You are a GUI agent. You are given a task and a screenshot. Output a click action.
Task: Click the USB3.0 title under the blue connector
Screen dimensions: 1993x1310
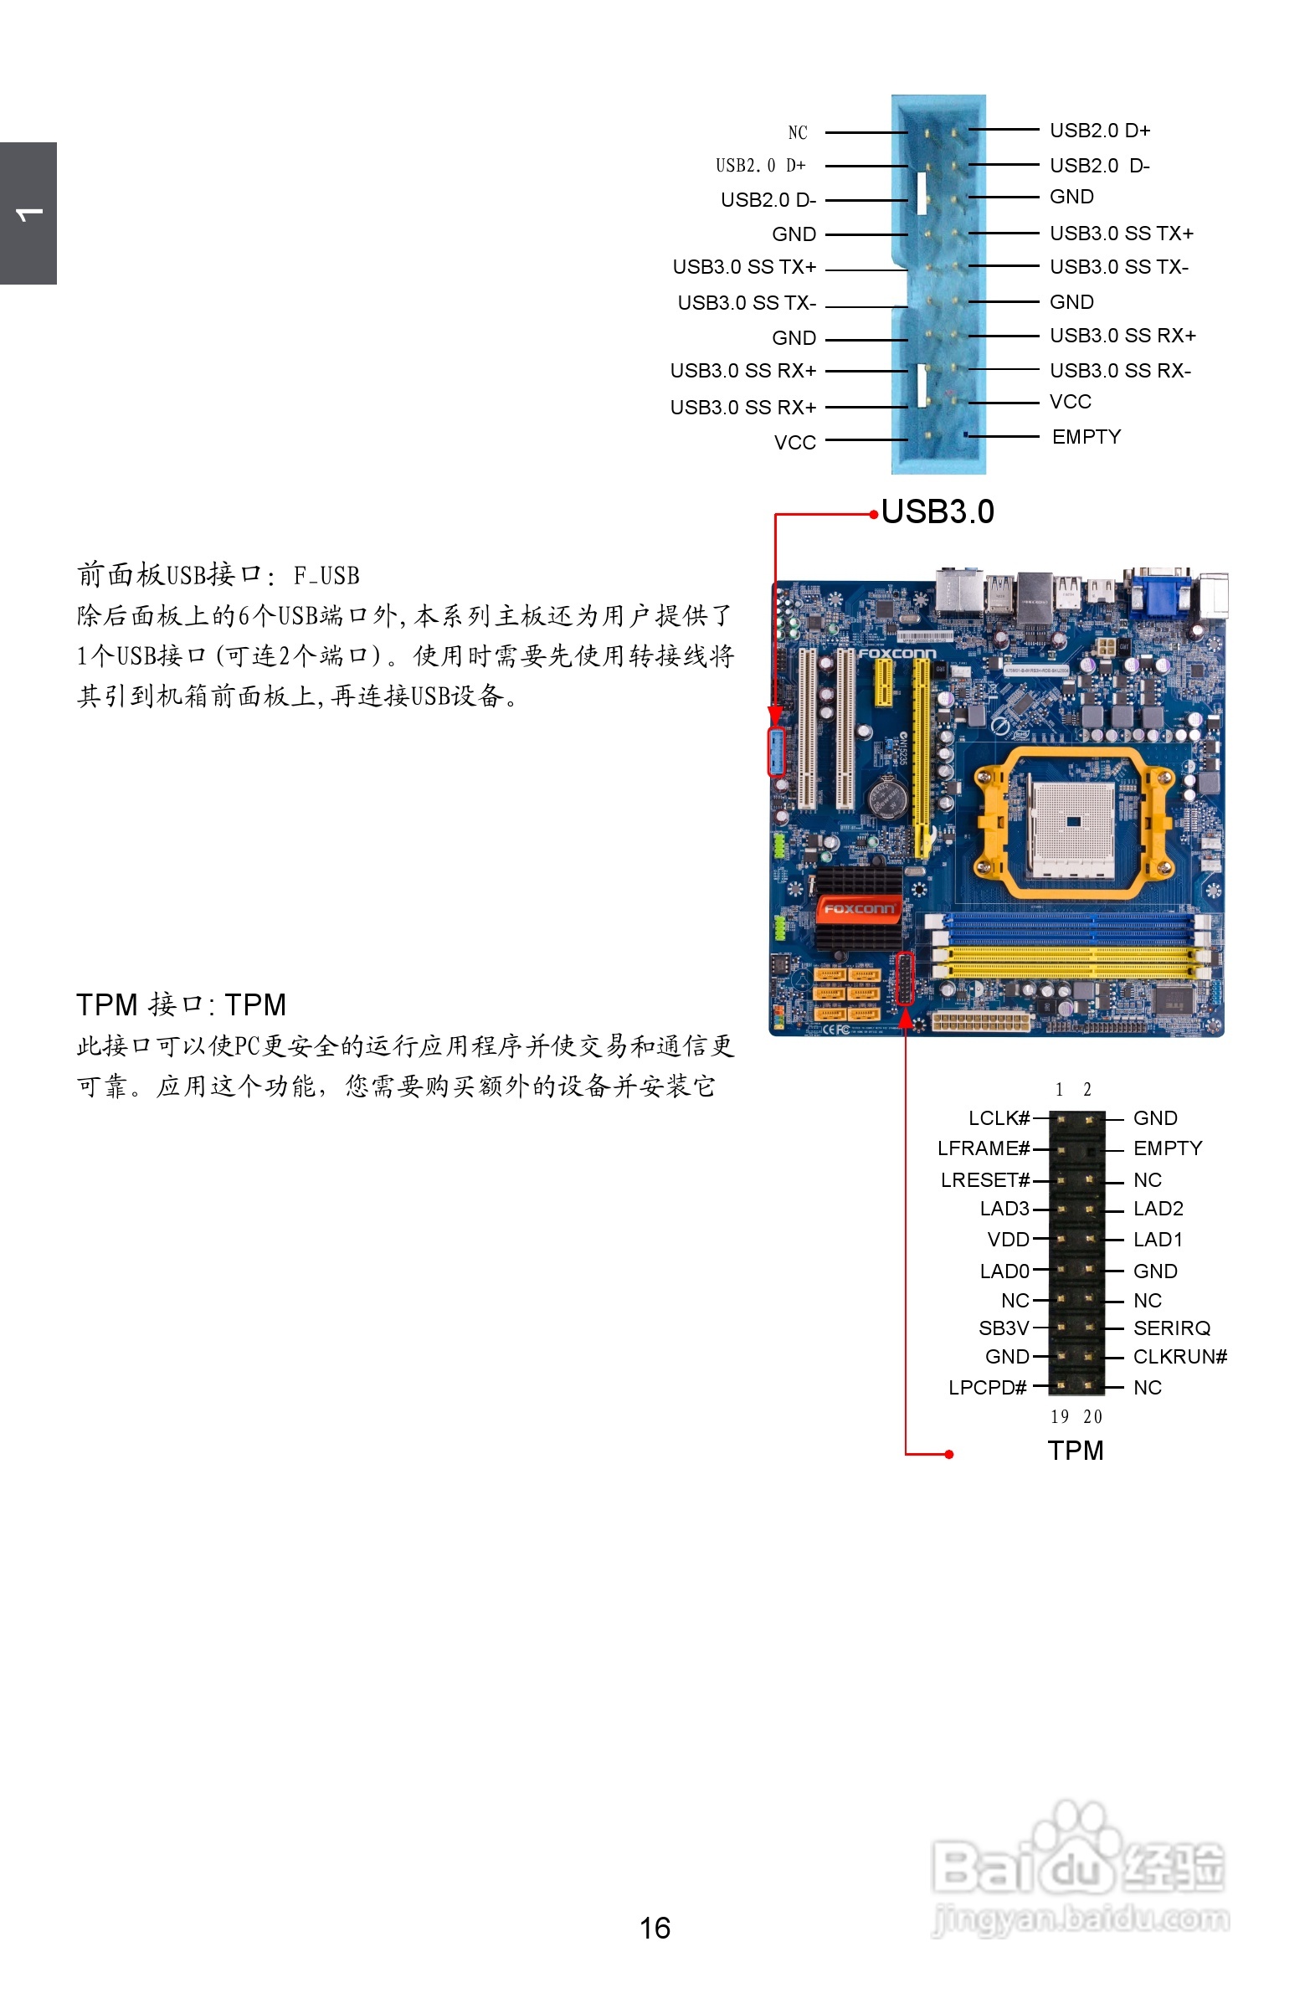click(x=938, y=511)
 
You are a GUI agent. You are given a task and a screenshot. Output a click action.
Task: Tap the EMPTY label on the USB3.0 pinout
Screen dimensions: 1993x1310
click(x=1086, y=437)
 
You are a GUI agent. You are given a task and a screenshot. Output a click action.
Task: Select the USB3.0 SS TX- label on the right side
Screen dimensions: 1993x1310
click(x=1118, y=267)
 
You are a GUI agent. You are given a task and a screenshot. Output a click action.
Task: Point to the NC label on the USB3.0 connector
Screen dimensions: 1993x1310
click(x=798, y=132)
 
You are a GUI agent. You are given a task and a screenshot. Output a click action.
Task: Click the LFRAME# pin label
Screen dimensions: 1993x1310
click(x=983, y=1148)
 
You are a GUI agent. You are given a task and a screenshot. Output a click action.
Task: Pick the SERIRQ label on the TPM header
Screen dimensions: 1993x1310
click(x=1171, y=1328)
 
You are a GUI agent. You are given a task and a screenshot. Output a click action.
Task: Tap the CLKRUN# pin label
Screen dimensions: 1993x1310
click(x=1179, y=1357)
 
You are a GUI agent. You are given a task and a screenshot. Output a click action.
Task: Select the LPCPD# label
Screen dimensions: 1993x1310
click(x=987, y=1388)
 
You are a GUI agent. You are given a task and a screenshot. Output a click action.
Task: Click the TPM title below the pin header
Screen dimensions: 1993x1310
click(x=1075, y=1451)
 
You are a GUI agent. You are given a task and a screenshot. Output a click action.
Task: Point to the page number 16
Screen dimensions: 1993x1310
click(x=654, y=1928)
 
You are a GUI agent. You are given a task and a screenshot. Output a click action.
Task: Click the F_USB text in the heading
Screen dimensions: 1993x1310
click(x=326, y=576)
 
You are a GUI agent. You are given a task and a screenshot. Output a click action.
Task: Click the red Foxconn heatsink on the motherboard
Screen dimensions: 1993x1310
click(x=859, y=909)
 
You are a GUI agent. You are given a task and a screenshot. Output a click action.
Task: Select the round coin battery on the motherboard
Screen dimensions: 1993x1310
click(x=887, y=796)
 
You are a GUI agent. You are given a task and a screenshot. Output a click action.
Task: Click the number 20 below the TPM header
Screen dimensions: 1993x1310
click(x=1092, y=1417)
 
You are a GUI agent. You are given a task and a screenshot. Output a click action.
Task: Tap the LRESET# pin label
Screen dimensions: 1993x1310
click(x=984, y=1180)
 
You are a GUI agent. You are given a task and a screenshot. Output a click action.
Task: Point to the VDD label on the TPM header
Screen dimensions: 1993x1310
click(x=1008, y=1240)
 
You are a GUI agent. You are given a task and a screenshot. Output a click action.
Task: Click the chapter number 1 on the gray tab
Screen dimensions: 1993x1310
click(x=28, y=214)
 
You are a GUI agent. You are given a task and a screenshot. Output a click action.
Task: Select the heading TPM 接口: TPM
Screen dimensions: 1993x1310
click(x=181, y=1004)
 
